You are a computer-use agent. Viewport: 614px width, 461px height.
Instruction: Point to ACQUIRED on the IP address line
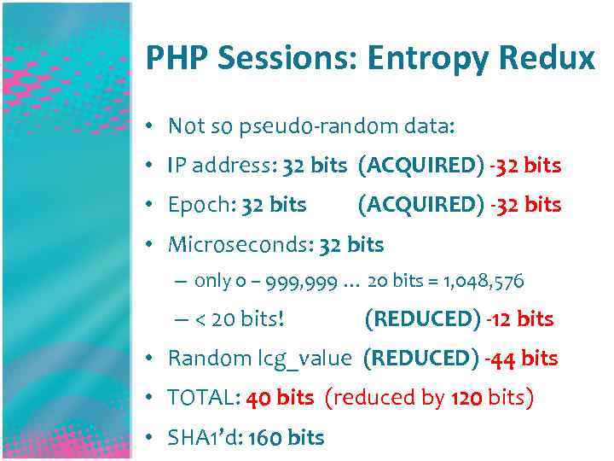[421, 166]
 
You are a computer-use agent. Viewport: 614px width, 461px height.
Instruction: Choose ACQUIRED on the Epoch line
[421, 205]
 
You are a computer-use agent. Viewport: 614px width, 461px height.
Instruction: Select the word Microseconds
[240, 245]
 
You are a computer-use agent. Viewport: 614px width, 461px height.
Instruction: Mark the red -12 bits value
[520, 319]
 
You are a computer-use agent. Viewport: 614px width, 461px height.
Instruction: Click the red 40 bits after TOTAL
[281, 398]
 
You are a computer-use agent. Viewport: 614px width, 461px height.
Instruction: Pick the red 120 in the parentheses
[463, 398]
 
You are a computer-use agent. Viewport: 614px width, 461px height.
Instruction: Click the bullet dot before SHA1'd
[149, 437]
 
